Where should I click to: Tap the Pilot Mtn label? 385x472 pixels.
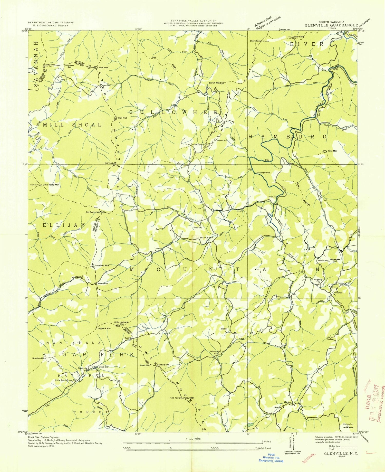[332, 151]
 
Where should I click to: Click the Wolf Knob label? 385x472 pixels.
[109, 163]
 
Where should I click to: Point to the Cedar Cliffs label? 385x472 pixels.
[299, 37]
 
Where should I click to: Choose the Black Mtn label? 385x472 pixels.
[145, 365]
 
